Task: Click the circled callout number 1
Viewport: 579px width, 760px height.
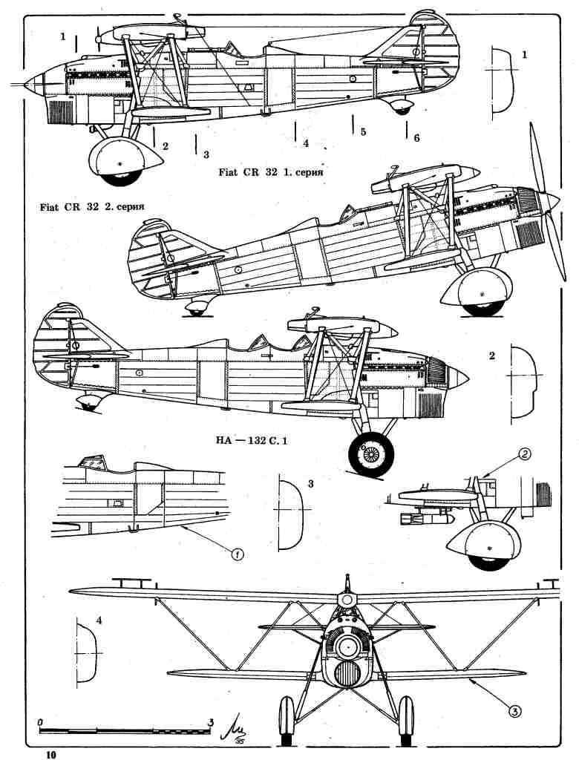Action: [238, 553]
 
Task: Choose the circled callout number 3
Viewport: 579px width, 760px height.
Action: [513, 710]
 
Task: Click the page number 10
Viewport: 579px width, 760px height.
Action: [50, 754]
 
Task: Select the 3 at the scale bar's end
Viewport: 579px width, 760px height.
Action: [212, 721]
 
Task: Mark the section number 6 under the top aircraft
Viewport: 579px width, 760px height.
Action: [416, 139]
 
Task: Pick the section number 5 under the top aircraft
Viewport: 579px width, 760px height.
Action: [363, 132]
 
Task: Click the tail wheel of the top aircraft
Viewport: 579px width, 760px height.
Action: [403, 108]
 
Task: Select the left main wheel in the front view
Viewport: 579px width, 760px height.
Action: [287, 720]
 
